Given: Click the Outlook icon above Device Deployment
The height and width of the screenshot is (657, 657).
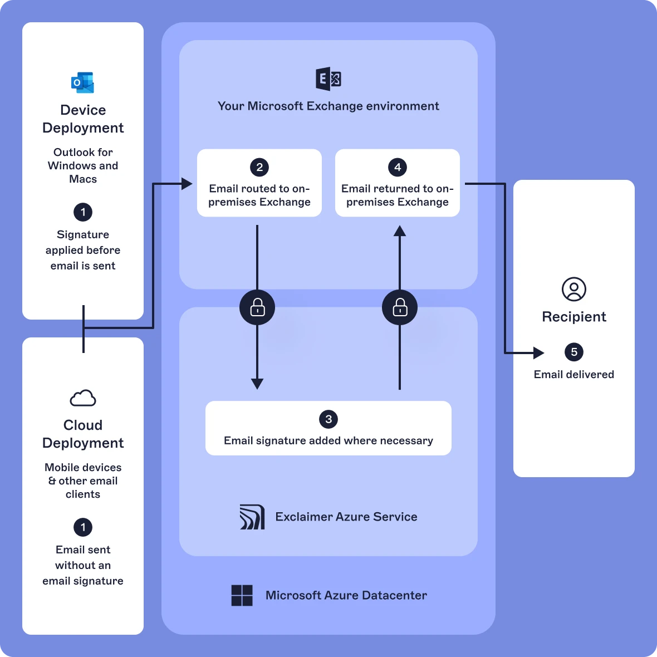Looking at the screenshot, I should tap(82, 82).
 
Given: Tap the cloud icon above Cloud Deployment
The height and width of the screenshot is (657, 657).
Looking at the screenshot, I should tap(83, 398).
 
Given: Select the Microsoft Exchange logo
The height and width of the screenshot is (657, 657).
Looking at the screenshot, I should tap(329, 79).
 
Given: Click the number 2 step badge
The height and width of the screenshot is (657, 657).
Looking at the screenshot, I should tap(259, 167).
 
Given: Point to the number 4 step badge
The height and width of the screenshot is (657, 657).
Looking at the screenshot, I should tap(398, 167).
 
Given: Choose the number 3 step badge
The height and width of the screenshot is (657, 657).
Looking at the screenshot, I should tap(329, 419).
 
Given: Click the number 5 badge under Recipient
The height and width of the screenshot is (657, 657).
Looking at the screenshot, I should tap(574, 352).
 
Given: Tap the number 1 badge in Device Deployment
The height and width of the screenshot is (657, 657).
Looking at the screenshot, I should tap(83, 212).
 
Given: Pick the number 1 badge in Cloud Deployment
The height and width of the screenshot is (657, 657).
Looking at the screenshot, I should tap(83, 527).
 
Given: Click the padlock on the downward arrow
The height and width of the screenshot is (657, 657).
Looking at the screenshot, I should tap(257, 307).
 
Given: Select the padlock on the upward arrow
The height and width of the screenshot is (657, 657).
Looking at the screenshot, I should tap(400, 307).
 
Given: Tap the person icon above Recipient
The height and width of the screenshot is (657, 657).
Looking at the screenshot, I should tap(574, 289).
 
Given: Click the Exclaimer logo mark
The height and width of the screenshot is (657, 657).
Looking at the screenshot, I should tap(252, 517).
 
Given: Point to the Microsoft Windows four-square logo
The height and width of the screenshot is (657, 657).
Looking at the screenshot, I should tap(242, 595).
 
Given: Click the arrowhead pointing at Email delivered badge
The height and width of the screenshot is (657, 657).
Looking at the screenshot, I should tap(538, 352).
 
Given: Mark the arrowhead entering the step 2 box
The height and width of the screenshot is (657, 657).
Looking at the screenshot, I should tap(187, 183).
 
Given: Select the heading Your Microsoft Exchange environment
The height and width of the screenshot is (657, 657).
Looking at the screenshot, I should tap(329, 106).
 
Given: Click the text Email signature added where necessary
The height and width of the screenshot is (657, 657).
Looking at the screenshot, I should tap(329, 440).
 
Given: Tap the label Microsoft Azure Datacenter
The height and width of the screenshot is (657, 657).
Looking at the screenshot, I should tap(346, 595).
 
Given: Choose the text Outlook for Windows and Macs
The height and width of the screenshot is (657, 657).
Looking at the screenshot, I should tap(83, 165).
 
